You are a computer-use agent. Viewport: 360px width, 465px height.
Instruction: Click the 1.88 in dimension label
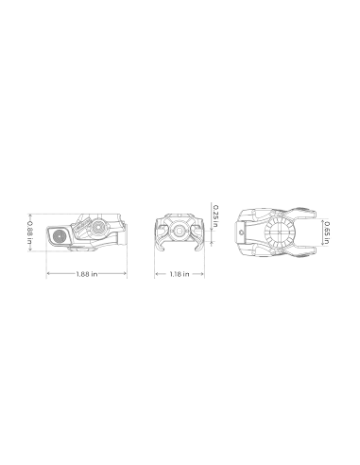click(x=87, y=274)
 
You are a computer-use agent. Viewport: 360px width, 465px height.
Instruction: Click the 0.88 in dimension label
click(x=29, y=232)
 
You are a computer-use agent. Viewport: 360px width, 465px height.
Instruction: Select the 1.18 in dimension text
click(x=180, y=274)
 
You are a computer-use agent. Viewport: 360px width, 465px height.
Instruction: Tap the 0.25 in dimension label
click(x=215, y=216)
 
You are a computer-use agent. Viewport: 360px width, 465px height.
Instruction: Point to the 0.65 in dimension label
click(x=327, y=232)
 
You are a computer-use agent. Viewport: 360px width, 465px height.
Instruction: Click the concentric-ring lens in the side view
click(x=59, y=235)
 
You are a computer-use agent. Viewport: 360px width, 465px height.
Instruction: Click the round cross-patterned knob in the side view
click(x=98, y=226)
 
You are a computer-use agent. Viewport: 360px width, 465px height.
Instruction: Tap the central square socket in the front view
click(x=180, y=232)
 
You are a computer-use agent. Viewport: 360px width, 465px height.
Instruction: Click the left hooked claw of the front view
click(x=161, y=244)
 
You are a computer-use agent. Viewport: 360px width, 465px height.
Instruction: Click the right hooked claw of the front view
click(x=198, y=244)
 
